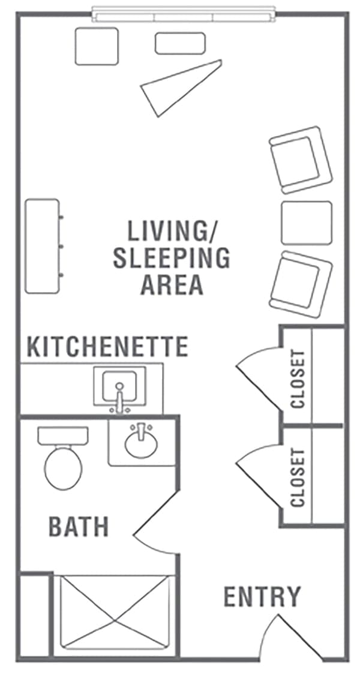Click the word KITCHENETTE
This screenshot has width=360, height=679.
(x=107, y=347)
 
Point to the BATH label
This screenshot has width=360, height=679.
(x=79, y=527)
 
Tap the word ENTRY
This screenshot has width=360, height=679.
(x=262, y=597)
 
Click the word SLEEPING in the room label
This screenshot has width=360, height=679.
(x=171, y=258)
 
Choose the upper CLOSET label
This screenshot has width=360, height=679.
(x=298, y=379)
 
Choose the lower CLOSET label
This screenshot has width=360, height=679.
(x=298, y=478)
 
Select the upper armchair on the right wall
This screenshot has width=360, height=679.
(x=301, y=160)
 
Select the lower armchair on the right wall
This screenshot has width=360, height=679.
(x=301, y=284)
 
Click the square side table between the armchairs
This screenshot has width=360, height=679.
(x=307, y=223)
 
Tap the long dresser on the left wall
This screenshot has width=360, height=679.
(x=43, y=246)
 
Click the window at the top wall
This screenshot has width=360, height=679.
(x=184, y=14)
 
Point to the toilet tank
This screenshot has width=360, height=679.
(x=63, y=435)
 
